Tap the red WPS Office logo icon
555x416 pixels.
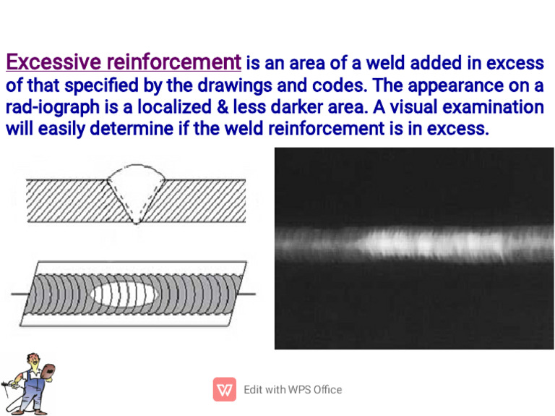tap(225, 390)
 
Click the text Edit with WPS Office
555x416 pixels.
tap(293, 390)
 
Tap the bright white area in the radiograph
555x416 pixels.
tap(426, 242)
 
